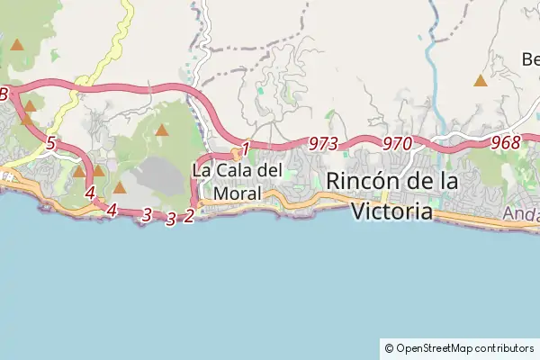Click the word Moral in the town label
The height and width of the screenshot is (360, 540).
click(x=238, y=193)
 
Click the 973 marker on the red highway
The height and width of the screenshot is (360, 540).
click(x=322, y=144)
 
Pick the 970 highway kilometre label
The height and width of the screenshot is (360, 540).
click(x=396, y=143)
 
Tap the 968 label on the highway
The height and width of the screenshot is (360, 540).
click(x=506, y=142)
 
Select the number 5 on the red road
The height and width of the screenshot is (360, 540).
click(x=50, y=144)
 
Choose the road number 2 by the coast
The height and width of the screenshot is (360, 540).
click(x=189, y=216)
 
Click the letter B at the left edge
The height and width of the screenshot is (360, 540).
click(x=4, y=94)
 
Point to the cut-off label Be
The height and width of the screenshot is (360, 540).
click(x=530, y=59)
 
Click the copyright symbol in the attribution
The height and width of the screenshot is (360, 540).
click(x=389, y=347)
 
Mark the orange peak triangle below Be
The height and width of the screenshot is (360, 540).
click(x=481, y=81)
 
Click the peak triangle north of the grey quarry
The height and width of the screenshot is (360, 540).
click(x=162, y=130)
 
